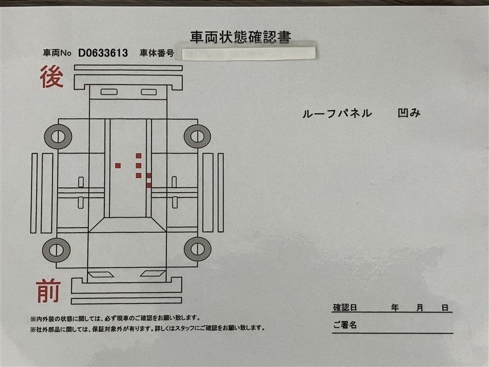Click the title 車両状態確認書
click(x=240, y=37)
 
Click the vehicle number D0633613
click(x=103, y=53)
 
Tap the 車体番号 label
click(x=157, y=53)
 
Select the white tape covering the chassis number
click(x=249, y=53)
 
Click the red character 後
click(x=52, y=76)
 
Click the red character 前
click(x=48, y=291)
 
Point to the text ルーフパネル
click(x=337, y=113)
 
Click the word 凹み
click(x=409, y=113)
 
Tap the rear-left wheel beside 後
click(x=58, y=136)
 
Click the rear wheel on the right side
click(x=197, y=136)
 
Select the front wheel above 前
click(x=56, y=250)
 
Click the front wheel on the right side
click(x=197, y=249)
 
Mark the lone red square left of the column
click(x=118, y=166)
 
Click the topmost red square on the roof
click(x=139, y=156)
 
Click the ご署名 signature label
click(x=345, y=325)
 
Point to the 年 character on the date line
click(x=395, y=308)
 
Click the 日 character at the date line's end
click(x=445, y=308)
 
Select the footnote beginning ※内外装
click(x=115, y=319)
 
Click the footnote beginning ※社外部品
click(x=147, y=328)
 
